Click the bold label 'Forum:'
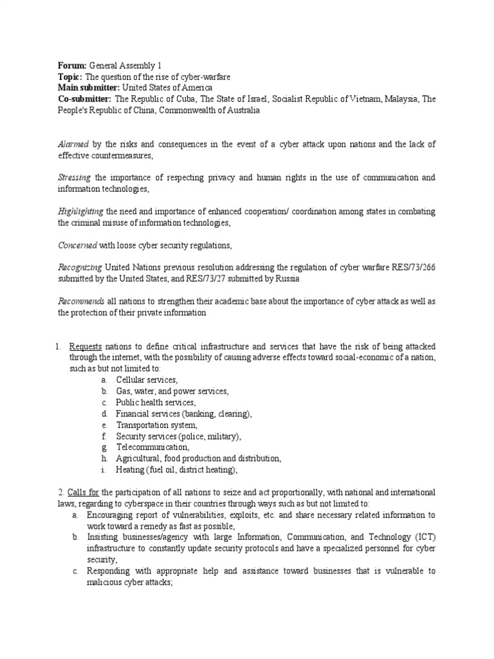[x=71, y=66]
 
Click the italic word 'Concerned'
[x=77, y=245]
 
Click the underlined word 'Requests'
[x=85, y=346]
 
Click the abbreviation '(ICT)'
[x=423, y=537]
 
